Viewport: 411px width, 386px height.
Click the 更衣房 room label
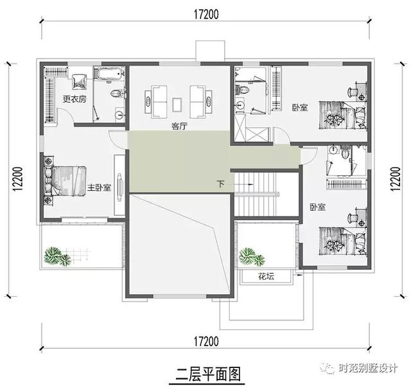pyautogui.click(x=74, y=100)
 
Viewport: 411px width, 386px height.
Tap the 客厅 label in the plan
pyautogui.click(x=179, y=127)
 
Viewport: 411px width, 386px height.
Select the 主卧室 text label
pyautogui.click(x=99, y=188)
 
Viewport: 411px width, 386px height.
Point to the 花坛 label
pyautogui.click(x=266, y=277)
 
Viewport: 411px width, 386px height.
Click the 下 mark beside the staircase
pyautogui.click(x=222, y=184)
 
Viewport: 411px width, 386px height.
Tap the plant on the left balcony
pyautogui.click(x=57, y=256)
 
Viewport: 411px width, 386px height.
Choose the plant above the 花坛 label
pyautogui.click(x=252, y=258)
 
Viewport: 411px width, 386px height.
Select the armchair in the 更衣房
pyautogui.click(x=80, y=82)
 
